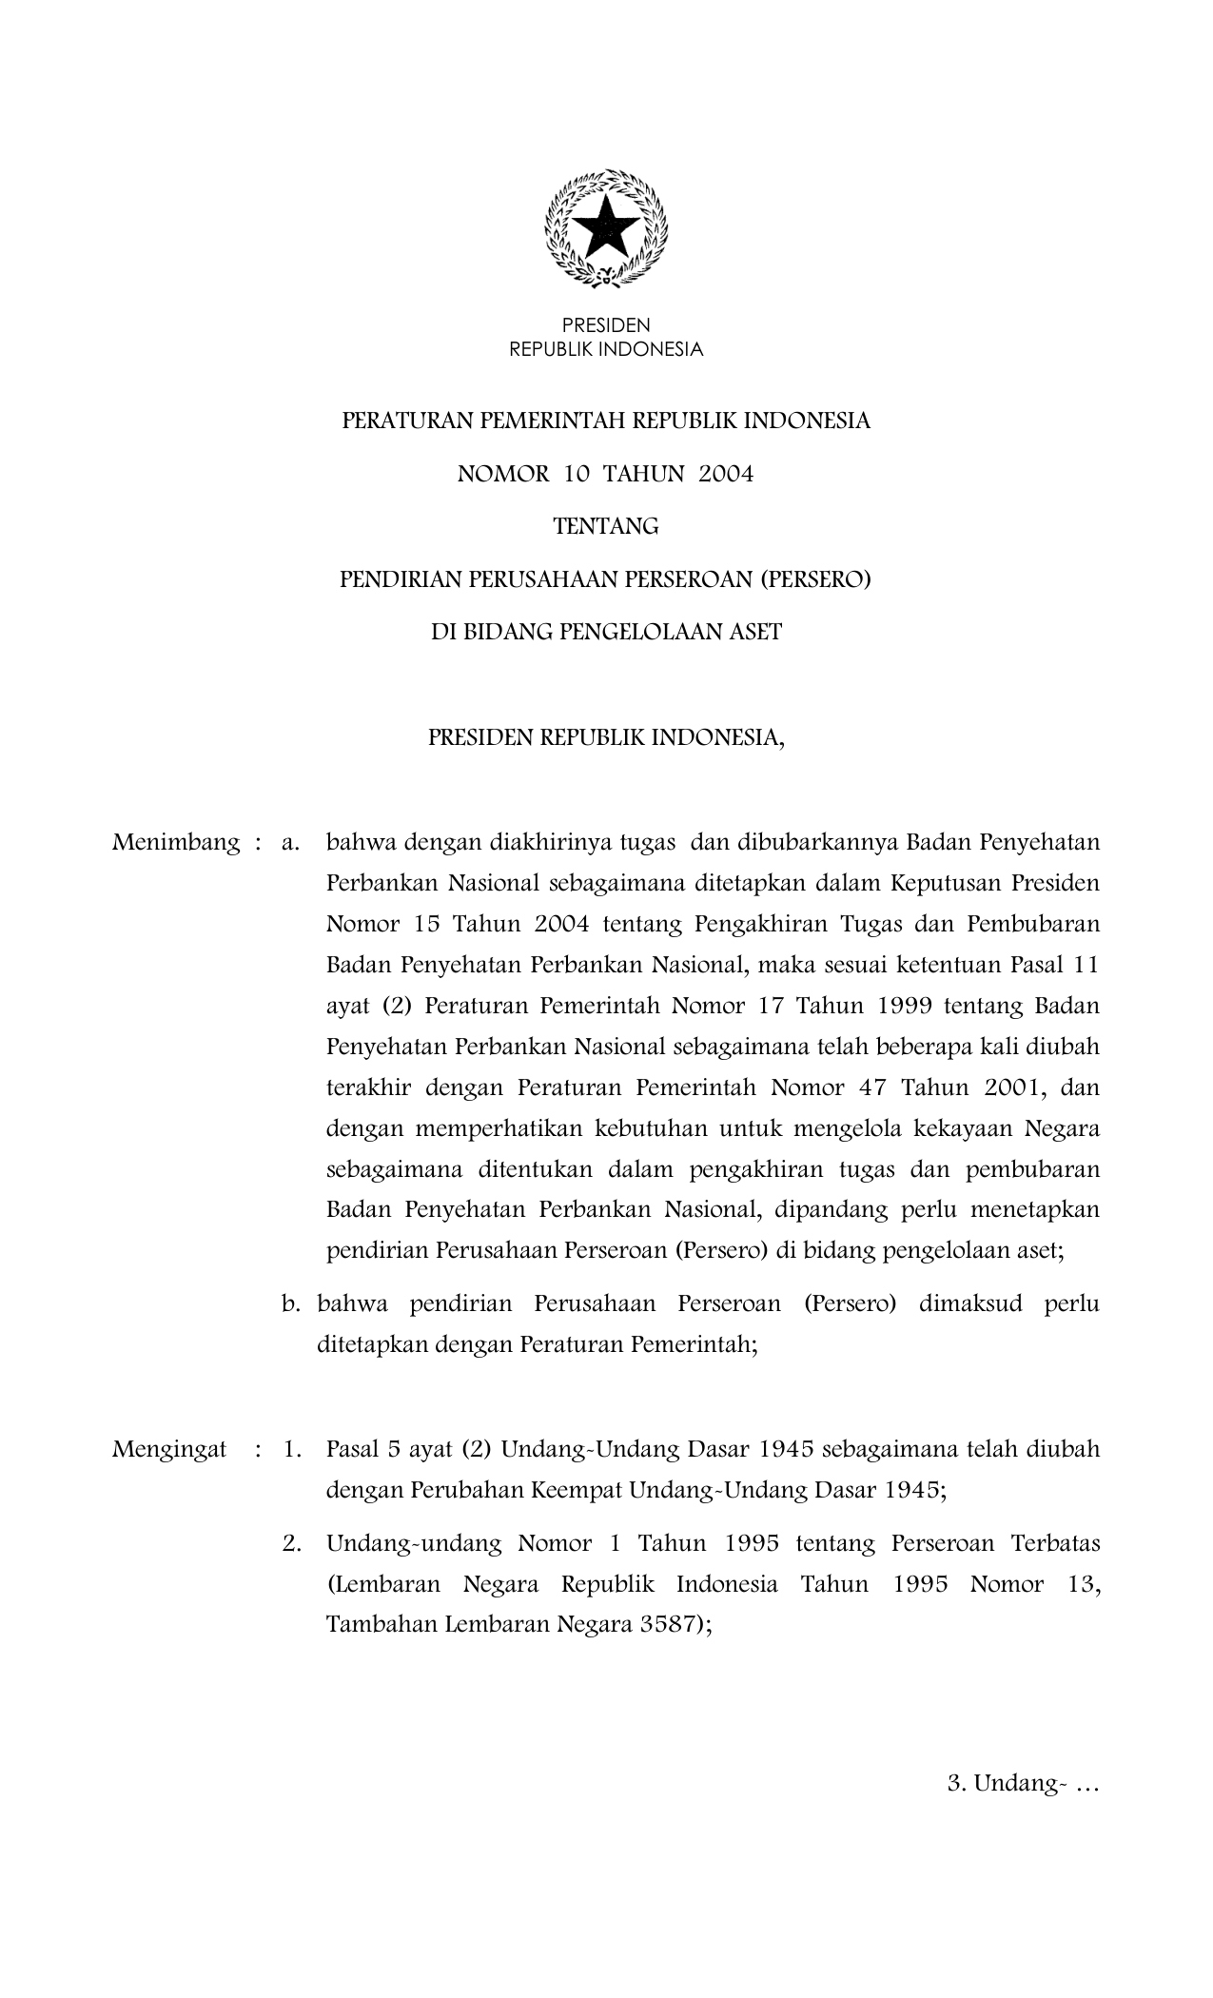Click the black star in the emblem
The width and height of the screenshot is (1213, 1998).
(606, 226)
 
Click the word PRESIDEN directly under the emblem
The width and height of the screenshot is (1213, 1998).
(606, 326)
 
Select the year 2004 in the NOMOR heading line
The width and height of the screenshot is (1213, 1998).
(726, 474)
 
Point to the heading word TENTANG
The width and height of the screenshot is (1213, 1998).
(606, 526)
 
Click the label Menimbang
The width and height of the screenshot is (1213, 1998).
(176, 843)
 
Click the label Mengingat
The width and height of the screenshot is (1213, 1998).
(169, 1450)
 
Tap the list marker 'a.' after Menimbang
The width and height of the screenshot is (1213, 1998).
(291, 843)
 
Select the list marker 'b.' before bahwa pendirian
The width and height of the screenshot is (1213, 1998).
(291, 1303)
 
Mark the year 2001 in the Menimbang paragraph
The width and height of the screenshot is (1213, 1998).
(1014, 1087)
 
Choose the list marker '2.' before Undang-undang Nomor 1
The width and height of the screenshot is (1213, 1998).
(292, 1543)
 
